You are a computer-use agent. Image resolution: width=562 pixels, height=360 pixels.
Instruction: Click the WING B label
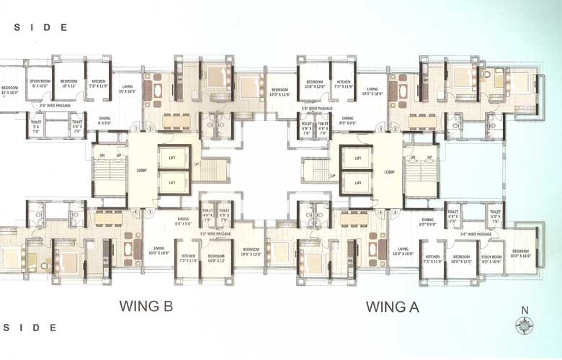[146, 307]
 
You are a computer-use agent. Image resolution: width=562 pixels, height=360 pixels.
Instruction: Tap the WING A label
[392, 307]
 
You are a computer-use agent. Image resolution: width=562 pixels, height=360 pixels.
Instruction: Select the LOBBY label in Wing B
[142, 171]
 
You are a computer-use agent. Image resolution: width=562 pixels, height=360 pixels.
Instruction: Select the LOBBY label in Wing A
[389, 171]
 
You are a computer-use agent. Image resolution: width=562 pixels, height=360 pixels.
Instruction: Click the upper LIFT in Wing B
[172, 158]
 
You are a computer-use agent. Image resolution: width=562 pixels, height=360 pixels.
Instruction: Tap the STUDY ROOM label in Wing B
[39, 84]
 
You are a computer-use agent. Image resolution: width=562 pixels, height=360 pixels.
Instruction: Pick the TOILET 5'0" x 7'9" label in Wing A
[494, 215]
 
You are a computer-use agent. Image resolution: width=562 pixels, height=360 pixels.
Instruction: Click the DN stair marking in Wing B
[102, 156]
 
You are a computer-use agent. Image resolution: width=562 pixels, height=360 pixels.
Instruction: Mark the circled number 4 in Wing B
[135, 212]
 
